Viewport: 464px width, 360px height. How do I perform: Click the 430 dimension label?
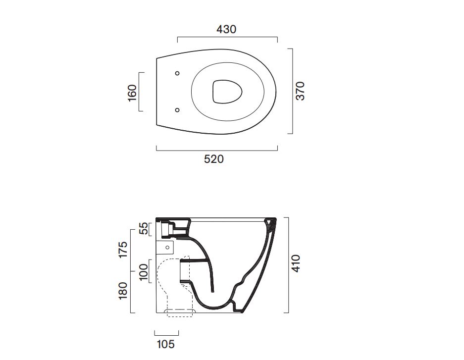pyautogui.click(x=226, y=29)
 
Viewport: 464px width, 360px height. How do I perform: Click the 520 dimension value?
pyautogui.click(x=213, y=159)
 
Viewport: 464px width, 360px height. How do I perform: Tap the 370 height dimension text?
pyautogui.click(x=300, y=91)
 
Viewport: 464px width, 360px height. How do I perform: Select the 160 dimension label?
pyautogui.click(x=132, y=93)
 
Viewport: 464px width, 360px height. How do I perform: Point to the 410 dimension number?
pyautogui.click(x=296, y=263)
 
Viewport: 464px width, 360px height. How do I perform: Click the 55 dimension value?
pyautogui.click(x=144, y=228)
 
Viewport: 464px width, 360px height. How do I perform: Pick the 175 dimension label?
pyautogui.click(x=123, y=250)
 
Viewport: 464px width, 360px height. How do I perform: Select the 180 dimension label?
pyautogui.click(x=123, y=291)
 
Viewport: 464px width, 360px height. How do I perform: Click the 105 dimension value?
pyautogui.click(x=166, y=344)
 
